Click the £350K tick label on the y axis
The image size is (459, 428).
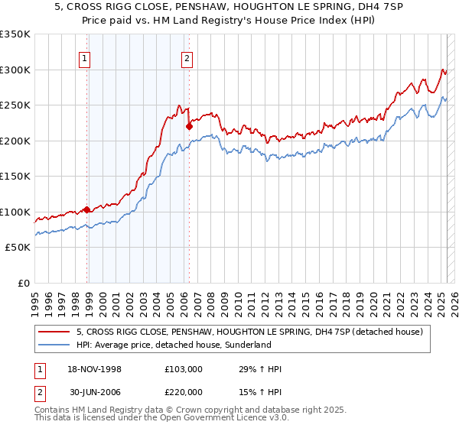(15, 34)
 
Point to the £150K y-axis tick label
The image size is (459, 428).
(15, 176)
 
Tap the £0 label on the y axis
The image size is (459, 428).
(24, 283)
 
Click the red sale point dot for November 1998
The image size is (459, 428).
(87, 209)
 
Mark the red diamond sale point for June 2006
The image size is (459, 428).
(189, 127)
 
